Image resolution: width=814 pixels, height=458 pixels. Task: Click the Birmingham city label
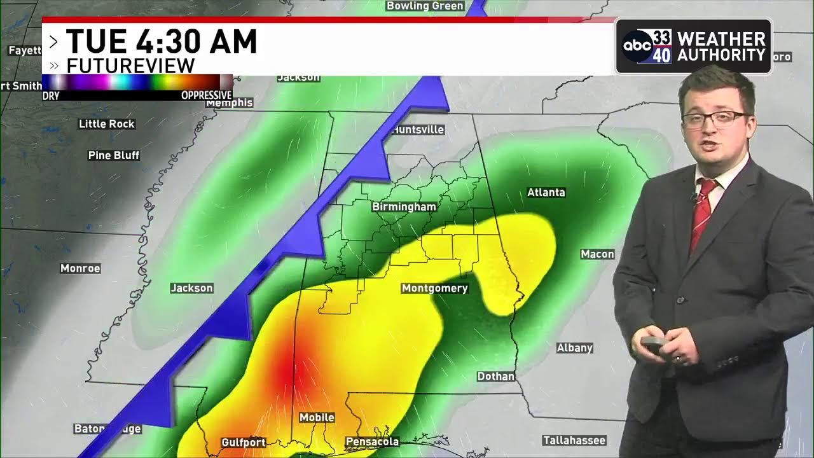[x=404, y=207]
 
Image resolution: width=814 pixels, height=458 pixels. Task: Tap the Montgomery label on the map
[x=434, y=288]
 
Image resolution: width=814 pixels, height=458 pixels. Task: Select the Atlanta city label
[x=546, y=192]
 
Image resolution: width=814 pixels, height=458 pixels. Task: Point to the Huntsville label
[x=418, y=130]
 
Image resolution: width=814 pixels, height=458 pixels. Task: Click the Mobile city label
[x=317, y=417]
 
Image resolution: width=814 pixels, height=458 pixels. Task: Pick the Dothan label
[x=495, y=377]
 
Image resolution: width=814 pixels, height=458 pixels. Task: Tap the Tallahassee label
[x=574, y=440]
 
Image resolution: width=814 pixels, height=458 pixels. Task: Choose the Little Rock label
[x=106, y=124]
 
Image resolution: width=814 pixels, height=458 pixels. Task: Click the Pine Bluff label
[x=113, y=155]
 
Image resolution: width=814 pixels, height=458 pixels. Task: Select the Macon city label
[x=597, y=254]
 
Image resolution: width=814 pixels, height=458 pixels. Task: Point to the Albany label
[x=574, y=348]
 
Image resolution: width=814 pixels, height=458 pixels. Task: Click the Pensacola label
[x=372, y=441]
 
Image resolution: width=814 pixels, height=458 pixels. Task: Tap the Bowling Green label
[x=425, y=6]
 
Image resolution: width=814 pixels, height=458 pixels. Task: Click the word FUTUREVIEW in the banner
[x=130, y=66]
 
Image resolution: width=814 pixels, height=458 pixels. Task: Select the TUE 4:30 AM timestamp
[x=162, y=42]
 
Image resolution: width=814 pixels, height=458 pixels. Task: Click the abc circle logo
[x=637, y=46]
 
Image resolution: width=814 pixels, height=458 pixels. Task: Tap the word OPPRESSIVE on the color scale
[x=206, y=95]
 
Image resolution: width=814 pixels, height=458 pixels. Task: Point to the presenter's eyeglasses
[x=715, y=118]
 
